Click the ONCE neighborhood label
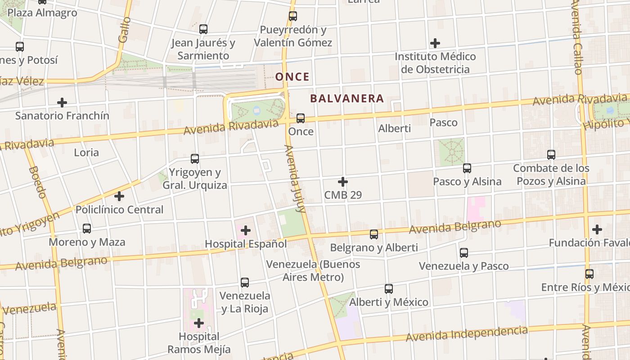(x=292, y=77)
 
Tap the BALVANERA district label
(x=347, y=99)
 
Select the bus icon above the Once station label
(x=300, y=118)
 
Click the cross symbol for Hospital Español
(x=246, y=231)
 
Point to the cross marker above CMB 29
(x=343, y=182)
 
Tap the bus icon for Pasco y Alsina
(x=467, y=168)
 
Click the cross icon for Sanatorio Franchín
(x=62, y=103)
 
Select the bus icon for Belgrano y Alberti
(x=374, y=234)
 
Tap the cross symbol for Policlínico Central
(x=119, y=196)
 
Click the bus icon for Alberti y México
(x=389, y=289)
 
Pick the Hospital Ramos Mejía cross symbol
(x=199, y=323)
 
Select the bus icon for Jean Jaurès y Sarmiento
(x=203, y=30)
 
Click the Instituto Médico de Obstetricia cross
(x=435, y=43)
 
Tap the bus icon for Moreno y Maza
(x=87, y=229)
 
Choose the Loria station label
(x=86, y=153)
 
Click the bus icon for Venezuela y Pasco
(x=464, y=253)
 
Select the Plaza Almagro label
(x=42, y=13)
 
